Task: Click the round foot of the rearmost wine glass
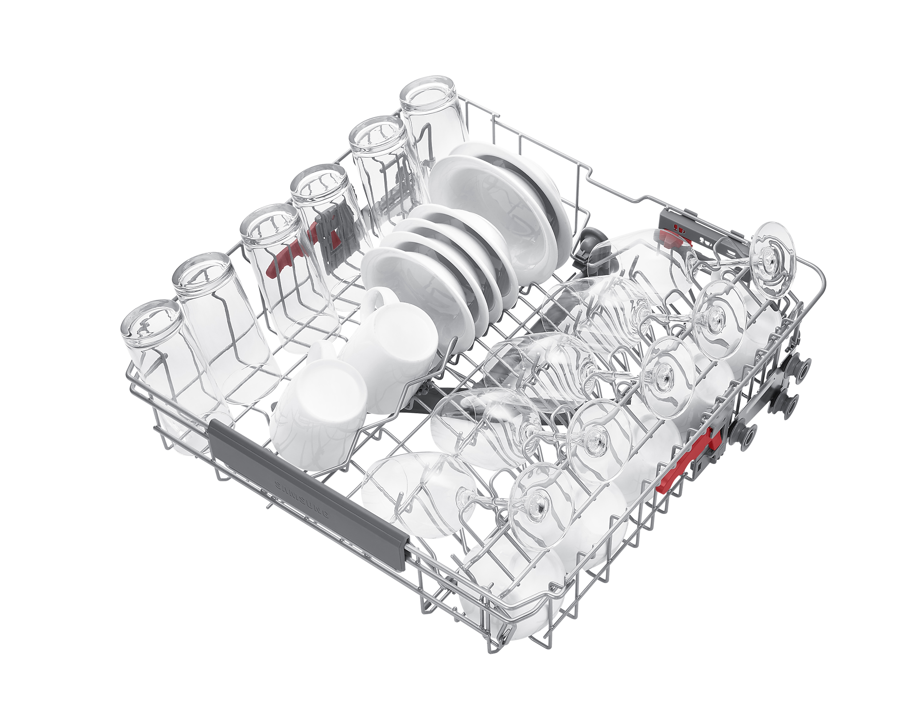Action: point(774,260)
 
